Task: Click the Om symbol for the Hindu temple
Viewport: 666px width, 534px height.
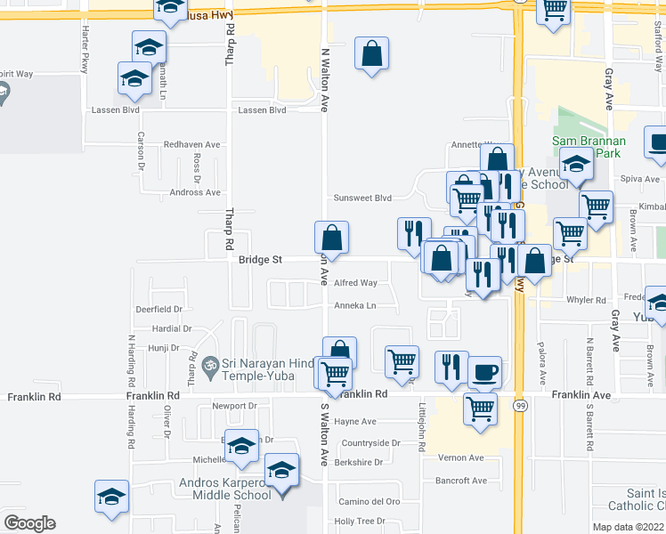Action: coord(210,365)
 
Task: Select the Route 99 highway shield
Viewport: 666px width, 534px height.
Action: coord(519,405)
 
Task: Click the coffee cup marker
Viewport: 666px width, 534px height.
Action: coord(484,372)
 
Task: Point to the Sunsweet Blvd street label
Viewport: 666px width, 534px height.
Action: coord(362,198)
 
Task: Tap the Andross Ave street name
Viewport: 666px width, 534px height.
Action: coord(195,192)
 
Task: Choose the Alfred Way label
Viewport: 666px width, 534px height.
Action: coord(355,283)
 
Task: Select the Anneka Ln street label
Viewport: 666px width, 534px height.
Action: coord(355,306)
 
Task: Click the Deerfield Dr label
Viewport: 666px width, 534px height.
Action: coord(158,310)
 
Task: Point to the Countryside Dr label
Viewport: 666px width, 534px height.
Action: coord(371,442)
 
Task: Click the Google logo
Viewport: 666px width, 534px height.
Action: coord(29,523)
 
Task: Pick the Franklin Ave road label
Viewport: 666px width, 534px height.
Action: coord(581,394)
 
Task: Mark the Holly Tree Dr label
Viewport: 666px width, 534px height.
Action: coord(359,522)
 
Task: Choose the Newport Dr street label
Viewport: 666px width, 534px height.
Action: coord(234,406)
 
